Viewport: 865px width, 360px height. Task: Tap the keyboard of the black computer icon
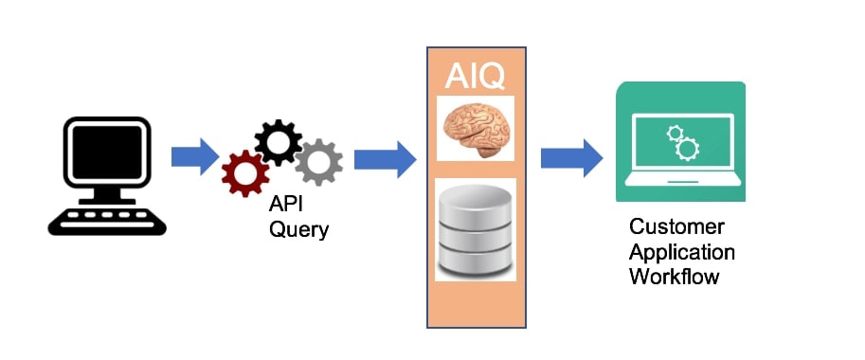(107, 220)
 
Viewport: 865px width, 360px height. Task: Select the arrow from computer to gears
(195, 156)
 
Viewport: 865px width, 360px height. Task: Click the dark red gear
(245, 173)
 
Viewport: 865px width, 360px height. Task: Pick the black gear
(278, 142)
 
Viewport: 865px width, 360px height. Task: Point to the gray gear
(318, 162)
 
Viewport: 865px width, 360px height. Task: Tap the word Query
(298, 229)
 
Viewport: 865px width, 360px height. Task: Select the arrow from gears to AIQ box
(385, 159)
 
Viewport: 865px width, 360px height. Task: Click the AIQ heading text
(475, 76)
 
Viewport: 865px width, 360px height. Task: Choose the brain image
(476, 129)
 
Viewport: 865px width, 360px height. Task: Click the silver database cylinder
(476, 229)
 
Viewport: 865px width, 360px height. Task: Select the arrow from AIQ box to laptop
(571, 157)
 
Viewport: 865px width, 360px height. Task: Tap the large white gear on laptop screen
(687, 149)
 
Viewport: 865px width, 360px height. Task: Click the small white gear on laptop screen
(675, 133)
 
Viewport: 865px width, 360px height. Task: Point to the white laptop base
(683, 180)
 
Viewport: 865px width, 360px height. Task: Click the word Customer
(676, 226)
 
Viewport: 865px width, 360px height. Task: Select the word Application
(682, 253)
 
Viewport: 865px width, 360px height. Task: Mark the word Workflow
(675, 277)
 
